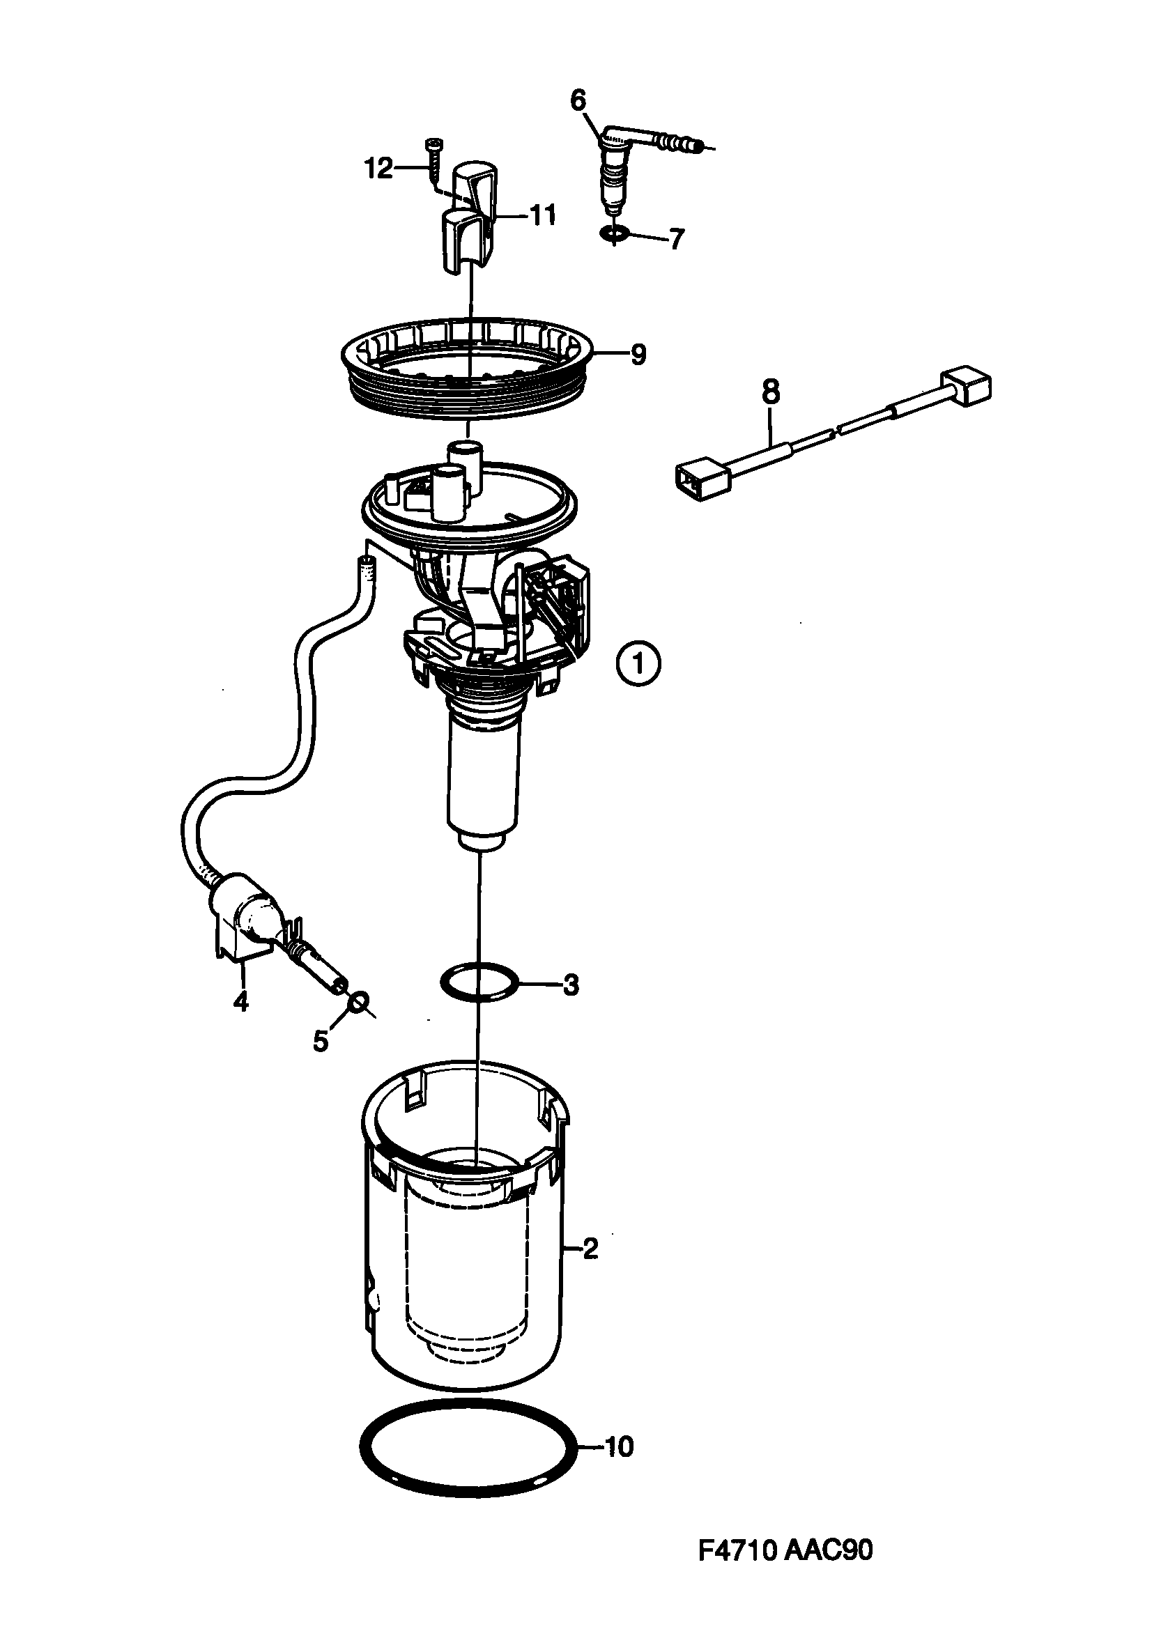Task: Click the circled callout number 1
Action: tap(638, 663)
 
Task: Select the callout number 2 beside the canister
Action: tap(590, 1249)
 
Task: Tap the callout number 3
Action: tap(571, 985)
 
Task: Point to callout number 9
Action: tap(638, 355)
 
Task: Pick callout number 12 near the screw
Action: tap(378, 169)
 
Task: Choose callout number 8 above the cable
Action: tap(771, 393)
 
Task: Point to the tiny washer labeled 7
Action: tap(614, 234)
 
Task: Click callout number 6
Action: tap(578, 101)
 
